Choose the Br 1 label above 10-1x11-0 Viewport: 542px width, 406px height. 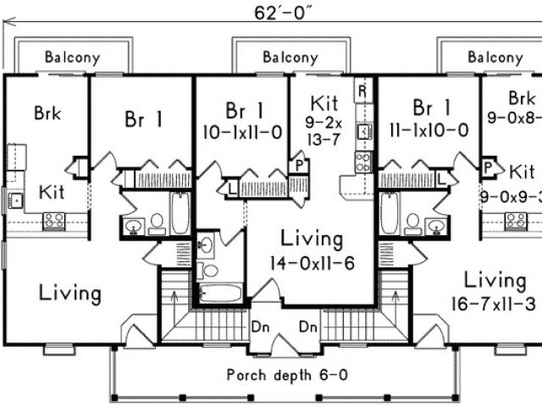(244, 110)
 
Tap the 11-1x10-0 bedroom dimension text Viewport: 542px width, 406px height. (430, 130)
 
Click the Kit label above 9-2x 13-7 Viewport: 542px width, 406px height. (324, 103)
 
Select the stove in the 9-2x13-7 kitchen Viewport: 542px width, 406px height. (363, 161)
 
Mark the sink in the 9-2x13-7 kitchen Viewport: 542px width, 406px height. (363, 131)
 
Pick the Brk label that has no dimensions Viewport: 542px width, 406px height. (47, 112)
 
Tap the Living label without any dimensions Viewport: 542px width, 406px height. (71, 294)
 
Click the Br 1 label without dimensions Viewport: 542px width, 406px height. (143, 119)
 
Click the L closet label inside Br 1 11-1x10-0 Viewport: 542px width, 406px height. (441, 179)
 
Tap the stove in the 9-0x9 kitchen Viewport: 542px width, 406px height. (516, 221)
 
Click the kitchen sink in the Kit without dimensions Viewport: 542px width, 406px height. (14, 200)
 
